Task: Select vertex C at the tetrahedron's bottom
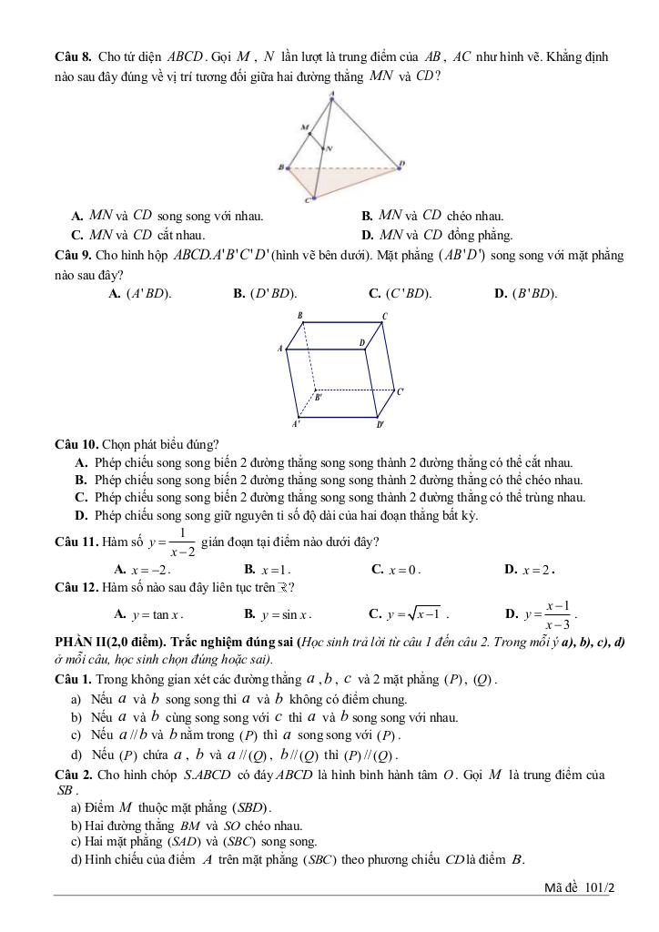point(313,197)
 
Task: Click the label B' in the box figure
point(318,397)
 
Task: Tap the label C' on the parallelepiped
point(400,391)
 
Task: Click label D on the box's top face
point(361,343)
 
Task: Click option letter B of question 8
point(367,217)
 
